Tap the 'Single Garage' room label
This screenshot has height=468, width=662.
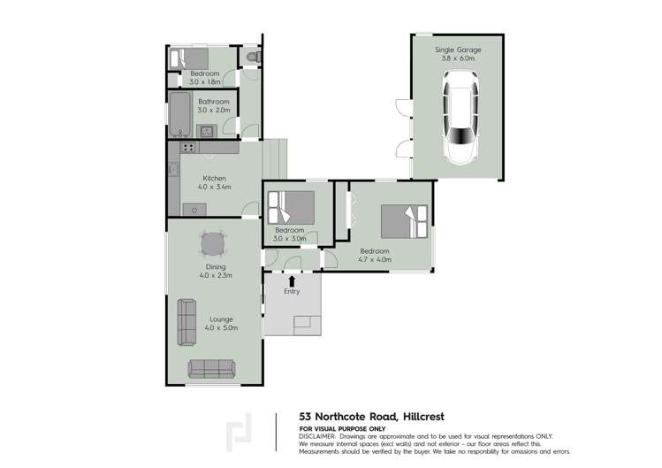pyautogui.click(x=458, y=50)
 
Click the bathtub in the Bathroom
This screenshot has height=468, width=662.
pyautogui.click(x=179, y=115)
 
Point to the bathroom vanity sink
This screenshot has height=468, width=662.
pyautogui.click(x=206, y=132)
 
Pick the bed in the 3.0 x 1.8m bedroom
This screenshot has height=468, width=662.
pyautogui.click(x=188, y=58)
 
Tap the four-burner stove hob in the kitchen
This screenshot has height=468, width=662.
pyautogui.click(x=187, y=148)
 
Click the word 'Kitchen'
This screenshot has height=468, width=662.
pyautogui.click(x=215, y=178)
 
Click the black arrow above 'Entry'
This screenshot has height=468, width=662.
pyautogui.click(x=292, y=281)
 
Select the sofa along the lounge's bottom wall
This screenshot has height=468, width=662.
pyautogui.click(x=211, y=367)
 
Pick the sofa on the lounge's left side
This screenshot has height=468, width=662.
pyautogui.click(x=186, y=321)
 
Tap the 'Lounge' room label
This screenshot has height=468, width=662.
pyautogui.click(x=221, y=319)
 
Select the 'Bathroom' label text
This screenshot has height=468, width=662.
pyautogui.click(x=213, y=102)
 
